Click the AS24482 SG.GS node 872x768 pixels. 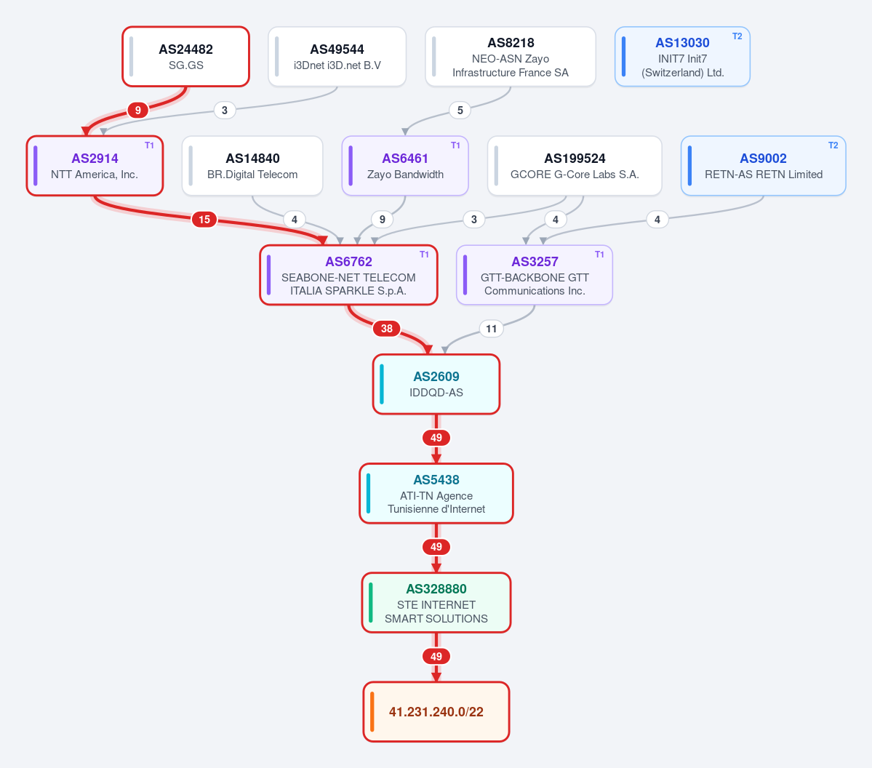tap(185, 57)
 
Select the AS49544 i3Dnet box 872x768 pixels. tap(337, 57)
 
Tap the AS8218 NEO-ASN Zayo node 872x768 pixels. tap(511, 57)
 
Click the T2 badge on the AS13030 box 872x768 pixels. tap(737, 36)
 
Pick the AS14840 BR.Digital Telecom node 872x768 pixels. tap(252, 166)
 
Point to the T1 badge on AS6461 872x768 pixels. tap(455, 145)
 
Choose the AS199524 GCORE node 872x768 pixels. tap(575, 166)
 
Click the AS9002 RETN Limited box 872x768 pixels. tap(763, 166)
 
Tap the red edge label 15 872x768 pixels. tap(204, 220)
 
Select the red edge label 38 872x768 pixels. tap(386, 329)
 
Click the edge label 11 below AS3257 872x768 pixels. tap(491, 329)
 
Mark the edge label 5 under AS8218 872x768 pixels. tap(460, 110)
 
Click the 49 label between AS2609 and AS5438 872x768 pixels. tap(436, 438)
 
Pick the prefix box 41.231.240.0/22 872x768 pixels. tap(436, 712)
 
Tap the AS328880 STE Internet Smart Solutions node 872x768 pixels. tap(436, 603)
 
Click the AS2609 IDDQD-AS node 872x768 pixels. tap(436, 384)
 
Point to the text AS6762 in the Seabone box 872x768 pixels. tap(348, 262)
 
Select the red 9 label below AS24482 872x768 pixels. tap(138, 110)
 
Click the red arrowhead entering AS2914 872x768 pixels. tap(87, 131)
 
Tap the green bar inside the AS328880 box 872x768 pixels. tap(370, 603)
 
